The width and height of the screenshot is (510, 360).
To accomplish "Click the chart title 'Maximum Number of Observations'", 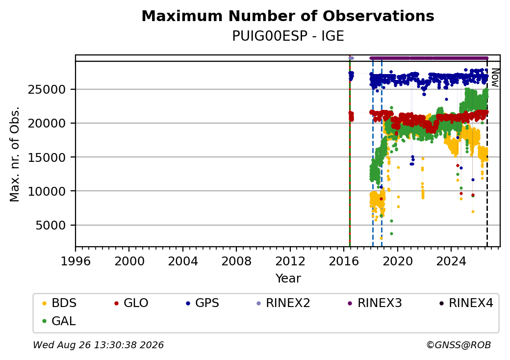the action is (288, 16).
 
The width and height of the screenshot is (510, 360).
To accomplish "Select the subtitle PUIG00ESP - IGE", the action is (288, 36).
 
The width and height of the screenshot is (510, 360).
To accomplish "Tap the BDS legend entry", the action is (59, 303).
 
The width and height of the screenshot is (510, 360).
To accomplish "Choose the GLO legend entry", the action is (131, 303).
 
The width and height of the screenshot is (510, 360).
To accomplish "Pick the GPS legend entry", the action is (203, 303).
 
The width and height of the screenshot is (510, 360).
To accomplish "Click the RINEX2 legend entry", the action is (283, 303).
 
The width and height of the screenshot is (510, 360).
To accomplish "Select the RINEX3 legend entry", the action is (375, 303).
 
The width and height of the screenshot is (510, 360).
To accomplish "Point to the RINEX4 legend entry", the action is (466, 303).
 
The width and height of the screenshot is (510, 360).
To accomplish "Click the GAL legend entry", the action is (59, 321).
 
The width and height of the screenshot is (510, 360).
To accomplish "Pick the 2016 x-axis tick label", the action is (344, 261).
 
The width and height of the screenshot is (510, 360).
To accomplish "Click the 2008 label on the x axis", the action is (236, 261).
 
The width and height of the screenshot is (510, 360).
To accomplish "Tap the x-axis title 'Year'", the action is (288, 279).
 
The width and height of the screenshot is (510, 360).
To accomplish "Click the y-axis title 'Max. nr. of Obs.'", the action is (15, 154).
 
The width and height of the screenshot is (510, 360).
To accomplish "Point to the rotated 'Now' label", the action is (495, 77).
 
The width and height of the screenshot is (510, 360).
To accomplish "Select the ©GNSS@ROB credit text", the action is (459, 345).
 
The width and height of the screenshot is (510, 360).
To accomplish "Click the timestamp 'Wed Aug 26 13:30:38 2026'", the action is (98, 345).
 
